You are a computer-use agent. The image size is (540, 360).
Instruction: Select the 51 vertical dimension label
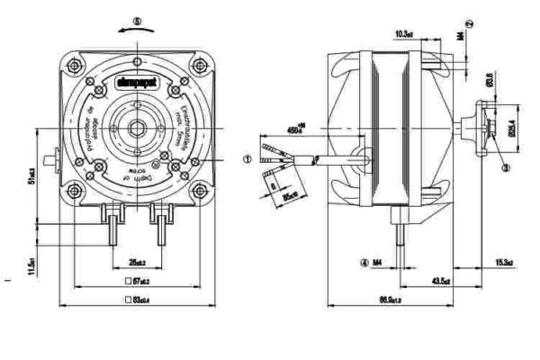coord(32,173)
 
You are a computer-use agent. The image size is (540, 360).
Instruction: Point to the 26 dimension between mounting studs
coord(137,263)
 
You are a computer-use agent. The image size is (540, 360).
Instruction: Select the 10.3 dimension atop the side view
coord(403,34)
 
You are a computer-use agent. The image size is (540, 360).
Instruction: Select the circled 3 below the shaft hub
coord(506,166)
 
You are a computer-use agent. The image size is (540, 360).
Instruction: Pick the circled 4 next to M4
coord(364,264)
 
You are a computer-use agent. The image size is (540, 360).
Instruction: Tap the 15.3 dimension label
coord(504,263)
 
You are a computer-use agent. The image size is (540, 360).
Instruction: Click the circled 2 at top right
coord(472,22)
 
